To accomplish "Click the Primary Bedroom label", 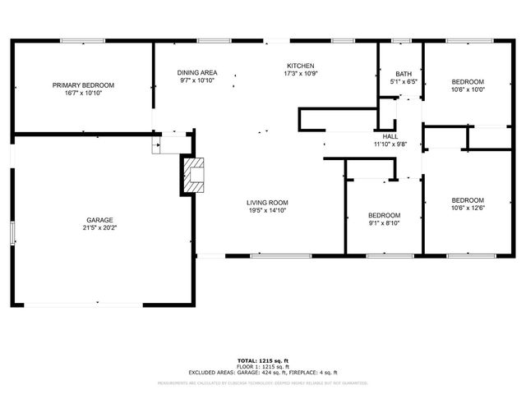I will click(x=83, y=85).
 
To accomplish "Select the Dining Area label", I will click(x=197, y=72).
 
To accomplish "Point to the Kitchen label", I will click(x=300, y=66).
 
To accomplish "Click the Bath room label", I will click(x=403, y=74).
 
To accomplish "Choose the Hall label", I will click(x=390, y=136).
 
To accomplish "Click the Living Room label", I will click(x=267, y=202).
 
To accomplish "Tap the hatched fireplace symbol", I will click(x=192, y=175).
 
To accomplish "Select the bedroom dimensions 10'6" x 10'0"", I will click(x=468, y=89).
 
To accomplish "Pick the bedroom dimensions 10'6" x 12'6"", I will click(x=468, y=208).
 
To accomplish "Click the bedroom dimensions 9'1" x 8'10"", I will click(x=384, y=223).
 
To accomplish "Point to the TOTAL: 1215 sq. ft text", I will click(x=263, y=360).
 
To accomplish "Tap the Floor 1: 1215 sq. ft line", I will click(x=263, y=366).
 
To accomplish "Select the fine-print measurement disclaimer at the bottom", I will click(x=263, y=383).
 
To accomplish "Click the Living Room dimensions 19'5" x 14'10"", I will click(x=267, y=210).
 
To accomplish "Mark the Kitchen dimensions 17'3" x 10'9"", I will click(x=300, y=75).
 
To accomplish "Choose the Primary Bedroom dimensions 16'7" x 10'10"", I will click(x=83, y=94).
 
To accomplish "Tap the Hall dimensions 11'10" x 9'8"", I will click(x=390, y=144).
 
